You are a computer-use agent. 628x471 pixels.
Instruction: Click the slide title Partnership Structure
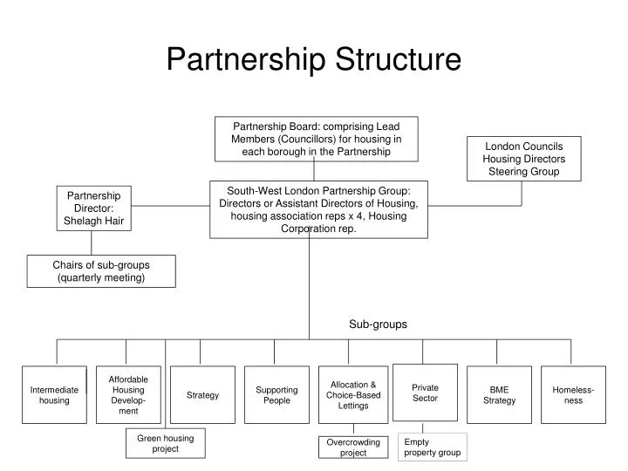tap(313, 59)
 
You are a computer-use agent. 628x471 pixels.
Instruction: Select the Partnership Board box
tap(316, 139)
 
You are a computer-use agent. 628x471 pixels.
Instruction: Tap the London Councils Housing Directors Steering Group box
tap(523, 159)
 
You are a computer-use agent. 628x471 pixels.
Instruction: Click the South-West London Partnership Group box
tap(318, 209)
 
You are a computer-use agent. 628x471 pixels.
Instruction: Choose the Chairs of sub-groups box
tap(101, 271)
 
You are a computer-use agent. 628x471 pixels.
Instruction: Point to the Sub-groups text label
tap(378, 324)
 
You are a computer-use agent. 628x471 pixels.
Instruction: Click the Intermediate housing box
tap(54, 395)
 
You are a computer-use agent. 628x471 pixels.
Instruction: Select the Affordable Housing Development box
tap(128, 394)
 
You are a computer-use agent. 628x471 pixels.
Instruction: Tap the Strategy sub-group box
tap(202, 395)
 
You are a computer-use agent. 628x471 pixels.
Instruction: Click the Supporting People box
tap(276, 395)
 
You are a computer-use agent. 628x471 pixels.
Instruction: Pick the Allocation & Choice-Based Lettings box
tap(353, 395)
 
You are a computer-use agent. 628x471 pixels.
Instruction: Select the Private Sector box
tap(425, 392)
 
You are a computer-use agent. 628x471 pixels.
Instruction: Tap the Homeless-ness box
tap(573, 395)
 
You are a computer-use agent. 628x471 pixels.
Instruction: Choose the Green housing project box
tap(165, 443)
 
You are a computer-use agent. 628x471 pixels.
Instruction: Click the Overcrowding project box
tap(353, 447)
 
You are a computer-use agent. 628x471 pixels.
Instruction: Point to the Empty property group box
tap(432, 447)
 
